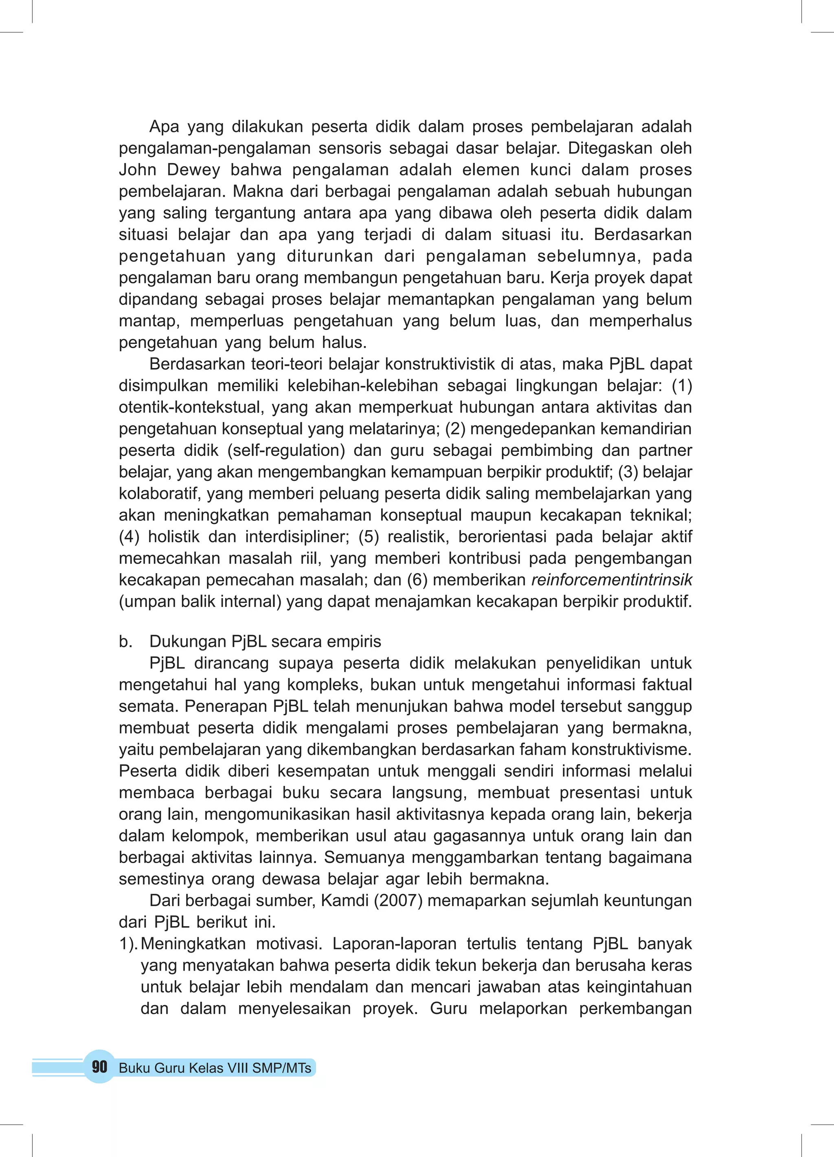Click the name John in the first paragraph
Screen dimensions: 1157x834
coord(137,169)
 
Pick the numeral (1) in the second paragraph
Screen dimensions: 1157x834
coord(681,386)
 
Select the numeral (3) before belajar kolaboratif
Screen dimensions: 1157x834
coord(628,472)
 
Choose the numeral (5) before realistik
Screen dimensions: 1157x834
coord(369,537)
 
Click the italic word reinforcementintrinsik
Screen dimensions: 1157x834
coord(612,580)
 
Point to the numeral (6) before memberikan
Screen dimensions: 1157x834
coord(417,580)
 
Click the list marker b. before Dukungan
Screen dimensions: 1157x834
coord(125,641)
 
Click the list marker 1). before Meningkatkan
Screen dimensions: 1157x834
coord(129,944)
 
